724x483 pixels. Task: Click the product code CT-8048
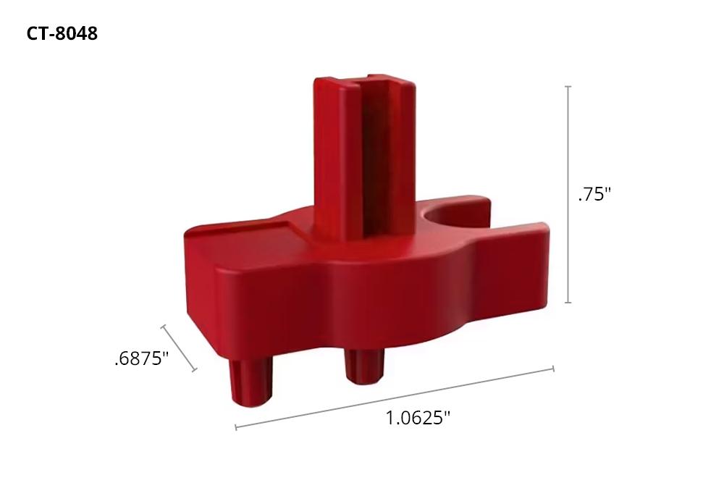(x=62, y=34)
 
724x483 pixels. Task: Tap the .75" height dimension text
(x=594, y=195)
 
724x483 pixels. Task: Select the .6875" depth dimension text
(x=141, y=358)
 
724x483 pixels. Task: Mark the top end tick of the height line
(x=568, y=86)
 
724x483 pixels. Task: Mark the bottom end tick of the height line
(x=568, y=303)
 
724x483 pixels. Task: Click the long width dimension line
(x=395, y=398)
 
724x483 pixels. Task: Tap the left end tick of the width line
(x=236, y=427)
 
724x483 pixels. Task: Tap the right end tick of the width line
(x=553, y=369)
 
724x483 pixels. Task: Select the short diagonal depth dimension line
(x=179, y=348)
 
